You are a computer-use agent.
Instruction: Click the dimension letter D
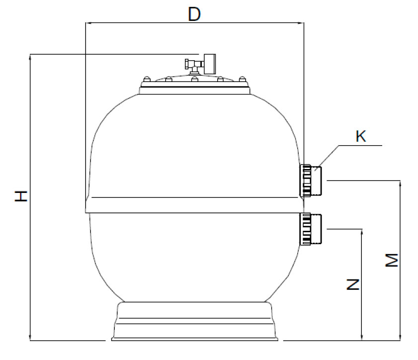pyautogui.click(x=194, y=14)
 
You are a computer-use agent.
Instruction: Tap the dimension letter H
pyautogui.click(x=21, y=196)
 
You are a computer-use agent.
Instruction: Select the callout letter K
pyautogui.click(x=361, y=136)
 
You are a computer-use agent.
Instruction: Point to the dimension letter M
pyautogui.click(x=392, y=260)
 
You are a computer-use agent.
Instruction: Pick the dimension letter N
pyautogui.click(x=353, y=284)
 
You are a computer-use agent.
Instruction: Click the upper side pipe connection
pyautogui.click(x=311, y=180)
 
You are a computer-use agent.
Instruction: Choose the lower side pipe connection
pyautogui.click(x=311, y=229)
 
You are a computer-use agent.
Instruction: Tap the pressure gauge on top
pyautogui.click(x=210, y=64)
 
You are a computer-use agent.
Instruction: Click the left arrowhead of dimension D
pyautogui.click(x=88, y=23)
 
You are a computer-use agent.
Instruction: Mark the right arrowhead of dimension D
pyautogui.click(x=301, y=23)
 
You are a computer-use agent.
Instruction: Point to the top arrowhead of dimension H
pyautogui.click(x=30, y=57)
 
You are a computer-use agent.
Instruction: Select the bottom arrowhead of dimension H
pyautogui.click(x=30, y=338)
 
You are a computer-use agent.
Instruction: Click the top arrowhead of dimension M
pyautogui.click(x=400, y=184)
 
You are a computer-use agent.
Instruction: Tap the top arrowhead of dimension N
pyautogui.click(x=362, y=232)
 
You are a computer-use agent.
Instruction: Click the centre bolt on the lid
pyautogui.click(x=195, y=79)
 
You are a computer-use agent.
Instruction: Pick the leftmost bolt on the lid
pyautogui.click(x=147, y=79)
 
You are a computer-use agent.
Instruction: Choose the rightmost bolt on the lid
pyautogui.click(x=242, y=79)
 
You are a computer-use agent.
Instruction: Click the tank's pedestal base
pyautogui.click(x=195, y=321)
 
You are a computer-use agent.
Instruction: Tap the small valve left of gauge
pyautogui.click(x=191, y=64)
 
